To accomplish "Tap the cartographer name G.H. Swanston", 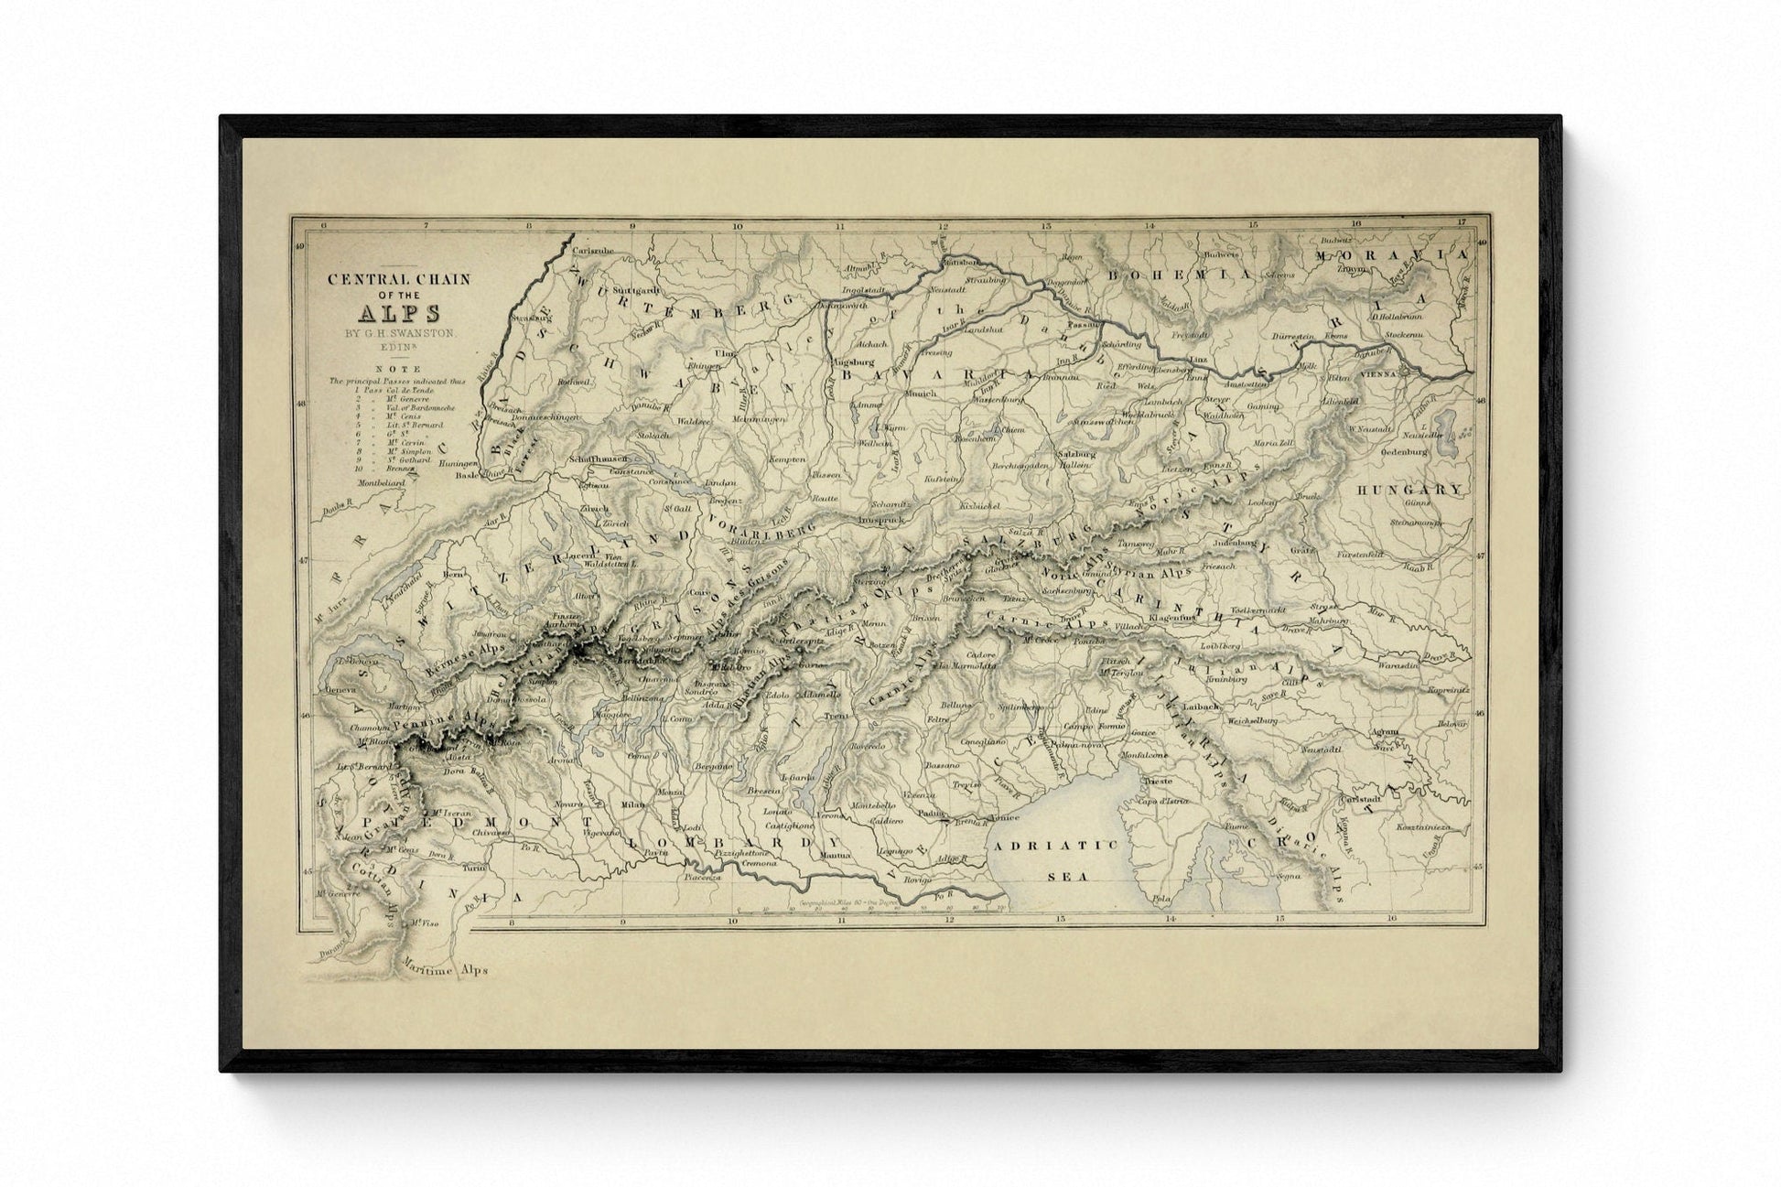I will click(x=399, y=334).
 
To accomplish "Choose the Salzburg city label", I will click(x=1076, y=453).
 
